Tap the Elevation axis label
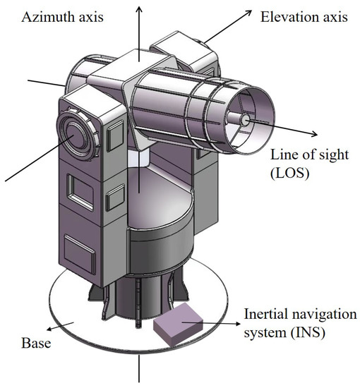pyautogui.click(x=304, y=16)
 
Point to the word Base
pyautogui.click(x=23, y=345)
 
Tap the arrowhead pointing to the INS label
pyautogui.click(x=236, y=324)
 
